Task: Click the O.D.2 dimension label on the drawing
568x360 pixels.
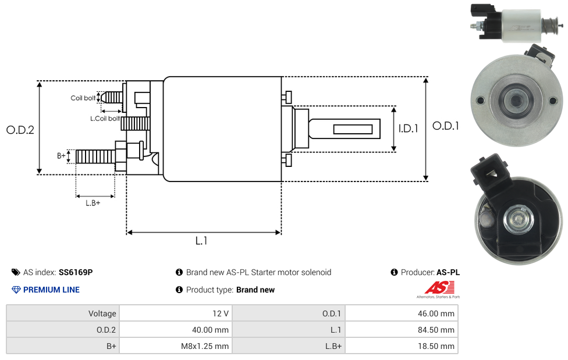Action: (x=20, y=130)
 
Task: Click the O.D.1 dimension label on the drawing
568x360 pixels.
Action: (x=445, y=126)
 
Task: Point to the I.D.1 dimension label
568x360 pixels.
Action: (x=408, y=129)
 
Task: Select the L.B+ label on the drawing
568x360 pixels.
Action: (x=93, y=203)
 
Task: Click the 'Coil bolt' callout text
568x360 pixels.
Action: (x=83, y=98)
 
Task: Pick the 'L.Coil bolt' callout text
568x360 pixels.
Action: (x=105, y=119)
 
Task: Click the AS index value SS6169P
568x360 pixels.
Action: (x=76, y=272)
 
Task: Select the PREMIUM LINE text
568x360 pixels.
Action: (x=51, y=290)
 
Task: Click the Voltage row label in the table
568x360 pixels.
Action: (x=102, y=313)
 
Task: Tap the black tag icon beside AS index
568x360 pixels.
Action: (x=16, y=272)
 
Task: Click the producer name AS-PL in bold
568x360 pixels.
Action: (x=448, y=272)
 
